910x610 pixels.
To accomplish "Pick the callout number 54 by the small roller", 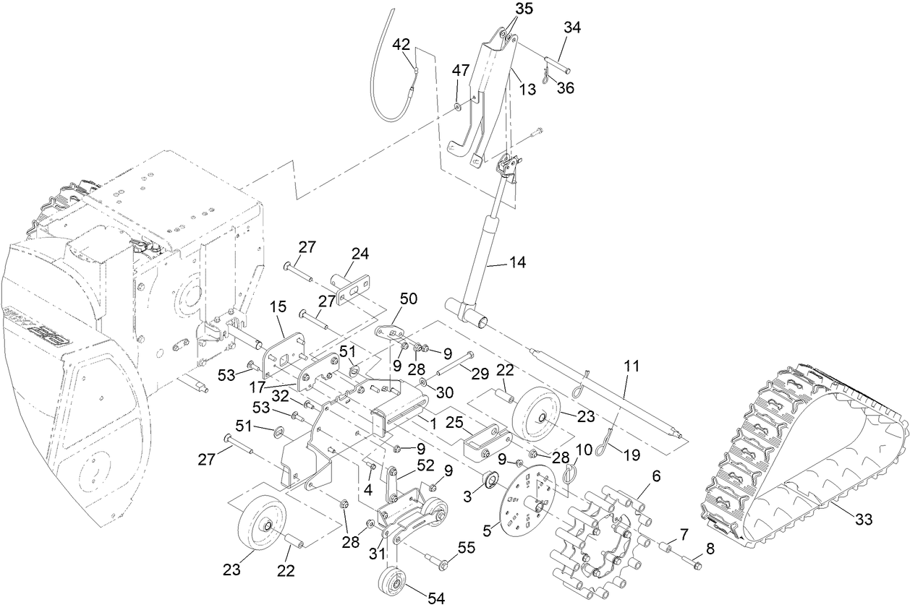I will click(x=436, y=598).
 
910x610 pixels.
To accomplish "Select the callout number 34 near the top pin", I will click(x=572, y=27).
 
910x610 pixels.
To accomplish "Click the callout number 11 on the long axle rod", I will click(x=632, y=366).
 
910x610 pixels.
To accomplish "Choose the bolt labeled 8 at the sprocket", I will click(x=692, y=563).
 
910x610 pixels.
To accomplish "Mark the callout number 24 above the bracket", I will click(x=360, y=254).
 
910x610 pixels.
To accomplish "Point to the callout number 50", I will click(x=409, y=299).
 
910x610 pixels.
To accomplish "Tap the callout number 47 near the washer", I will click(x=461, y=70).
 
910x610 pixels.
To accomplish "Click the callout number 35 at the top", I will click(x=523, y=9).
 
